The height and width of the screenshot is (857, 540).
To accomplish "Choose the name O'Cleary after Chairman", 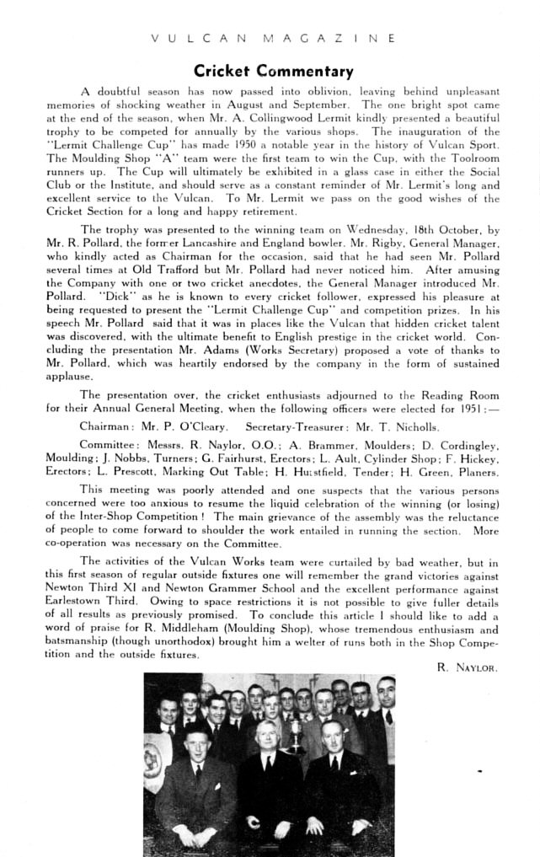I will click(200, 426).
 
